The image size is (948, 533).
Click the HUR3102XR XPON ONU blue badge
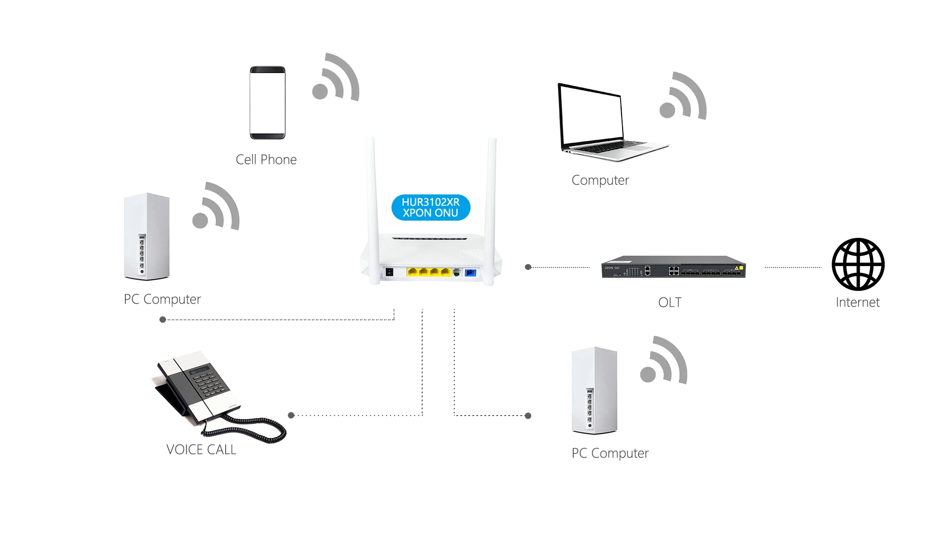(x=431, y=207)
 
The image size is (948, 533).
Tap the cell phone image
(x=267, y=103)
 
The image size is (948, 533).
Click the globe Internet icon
(x=858, y=265)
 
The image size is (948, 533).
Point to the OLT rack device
(x=673, y=267)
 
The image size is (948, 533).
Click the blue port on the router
(x=471, y=272)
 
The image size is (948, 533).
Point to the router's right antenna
(x=490, y=207)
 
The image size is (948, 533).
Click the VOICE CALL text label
(x=201, y=450)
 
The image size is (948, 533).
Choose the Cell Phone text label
(x=266, y=159)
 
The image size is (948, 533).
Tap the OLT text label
(x=670, y=303)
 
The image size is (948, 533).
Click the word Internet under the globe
(x=858, y=303)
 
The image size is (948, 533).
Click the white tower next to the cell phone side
(x=147, y=237)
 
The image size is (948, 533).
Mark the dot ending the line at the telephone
(x=291, y=416)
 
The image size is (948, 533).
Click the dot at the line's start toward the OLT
(x=528, y=267)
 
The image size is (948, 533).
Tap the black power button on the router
(x=389, y=272)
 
